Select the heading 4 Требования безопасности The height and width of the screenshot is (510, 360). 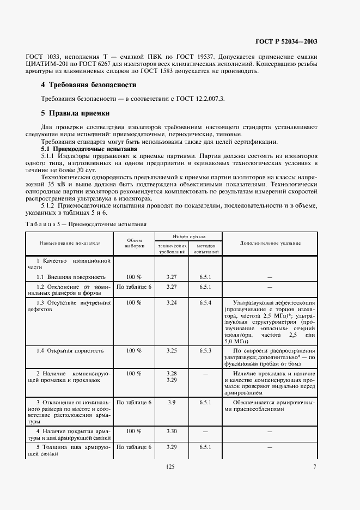click(89, 85)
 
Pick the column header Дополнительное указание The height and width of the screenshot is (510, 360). click(270, 243)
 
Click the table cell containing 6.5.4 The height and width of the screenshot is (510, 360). click(205, 301)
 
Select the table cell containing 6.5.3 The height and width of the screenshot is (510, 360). click(205, 350)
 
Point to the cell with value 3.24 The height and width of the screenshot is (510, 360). click(172, 301)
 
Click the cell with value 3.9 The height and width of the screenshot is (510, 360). click(172, 402)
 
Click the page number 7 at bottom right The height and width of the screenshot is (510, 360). click(315, 466)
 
